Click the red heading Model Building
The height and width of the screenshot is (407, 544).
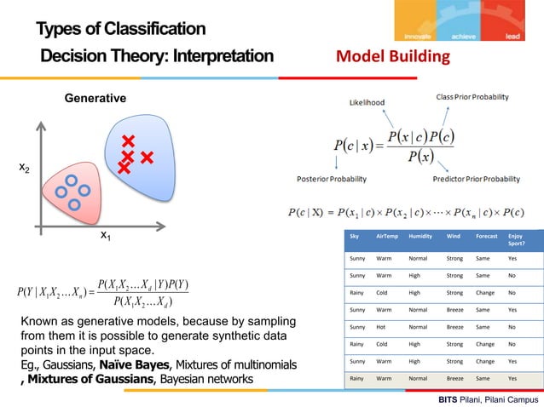(392, 57)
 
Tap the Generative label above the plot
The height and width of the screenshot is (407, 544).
(95, 100)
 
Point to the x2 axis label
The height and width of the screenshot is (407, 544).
(26, 169)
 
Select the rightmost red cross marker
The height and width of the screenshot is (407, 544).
(147, 158)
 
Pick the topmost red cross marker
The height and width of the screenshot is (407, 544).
(129, 141)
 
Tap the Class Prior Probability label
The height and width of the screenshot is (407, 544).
(472, 97)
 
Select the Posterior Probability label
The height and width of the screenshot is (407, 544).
(332, 179)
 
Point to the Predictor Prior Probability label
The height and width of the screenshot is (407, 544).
(476, 179)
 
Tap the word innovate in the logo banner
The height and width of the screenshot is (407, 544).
(416, 36)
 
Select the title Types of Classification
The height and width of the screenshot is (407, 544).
(120, 30)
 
